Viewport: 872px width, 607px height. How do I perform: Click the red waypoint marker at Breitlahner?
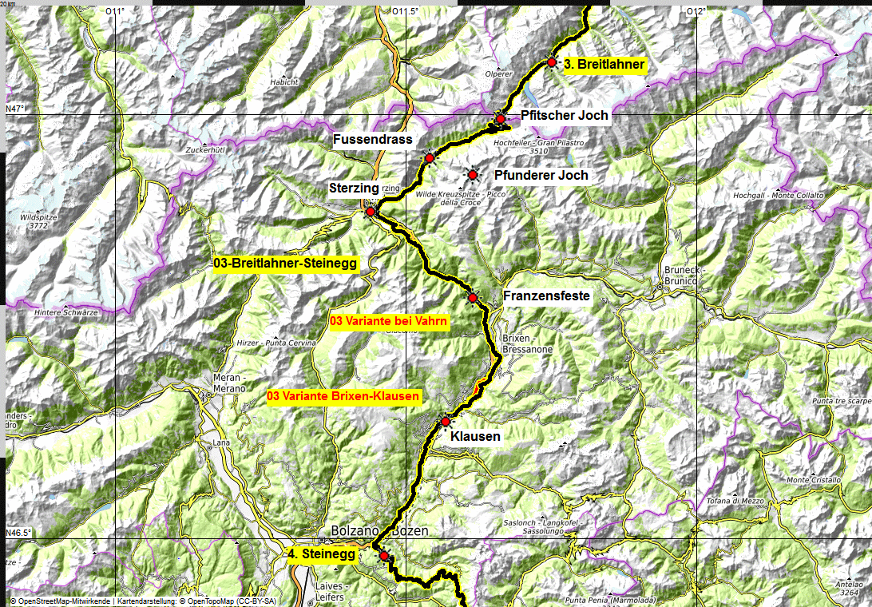tap(551, 62)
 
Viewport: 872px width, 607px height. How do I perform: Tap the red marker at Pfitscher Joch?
tap(501, 119)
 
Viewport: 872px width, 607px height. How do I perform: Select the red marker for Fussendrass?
tap(429, 158)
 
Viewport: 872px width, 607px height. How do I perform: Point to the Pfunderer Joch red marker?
tap(472, 174)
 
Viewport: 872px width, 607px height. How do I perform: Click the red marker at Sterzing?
tap(370, 212)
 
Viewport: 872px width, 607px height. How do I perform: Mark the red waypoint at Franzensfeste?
tap(472, 298)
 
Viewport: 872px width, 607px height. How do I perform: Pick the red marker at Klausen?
tap(445, 422)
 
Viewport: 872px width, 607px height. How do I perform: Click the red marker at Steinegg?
tap(383, 556)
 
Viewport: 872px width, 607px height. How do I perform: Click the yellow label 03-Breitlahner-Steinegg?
tap(286, 264)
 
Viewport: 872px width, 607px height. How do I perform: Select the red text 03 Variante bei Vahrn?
tap(389, 321)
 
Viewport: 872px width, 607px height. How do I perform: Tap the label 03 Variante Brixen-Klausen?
tap(343, 396)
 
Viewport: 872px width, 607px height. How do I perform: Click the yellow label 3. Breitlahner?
tap(604, 65)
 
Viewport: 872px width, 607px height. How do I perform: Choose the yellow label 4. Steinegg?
tap(321, 556)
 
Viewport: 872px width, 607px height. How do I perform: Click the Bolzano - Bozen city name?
tap(380, 531)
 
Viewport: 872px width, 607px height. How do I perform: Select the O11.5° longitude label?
tap(404, 11)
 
